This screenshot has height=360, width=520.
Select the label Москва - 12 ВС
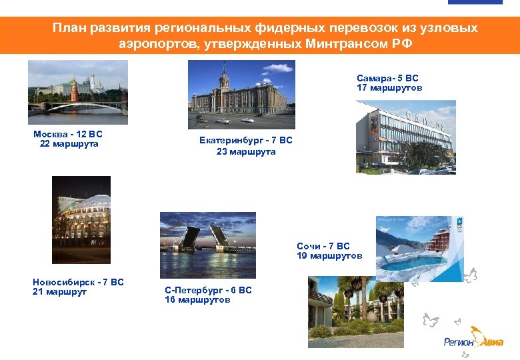click(68, 134)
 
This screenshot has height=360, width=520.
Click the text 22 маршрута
click(69, 144)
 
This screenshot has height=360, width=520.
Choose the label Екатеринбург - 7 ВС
click(245, 141)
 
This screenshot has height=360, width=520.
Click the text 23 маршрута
click(245, 152)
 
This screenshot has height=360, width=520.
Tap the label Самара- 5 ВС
click(387, 78)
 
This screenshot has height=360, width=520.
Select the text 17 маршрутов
click(389, 88)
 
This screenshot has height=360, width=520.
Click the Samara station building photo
click(405, 137)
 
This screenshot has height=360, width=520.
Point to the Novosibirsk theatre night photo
click(81, 220)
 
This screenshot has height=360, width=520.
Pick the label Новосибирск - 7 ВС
click(78, 282)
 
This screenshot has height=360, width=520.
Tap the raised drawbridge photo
click(208, 245)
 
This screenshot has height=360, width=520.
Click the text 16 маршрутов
click(197, 300)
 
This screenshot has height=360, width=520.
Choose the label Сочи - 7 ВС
click(323, 246)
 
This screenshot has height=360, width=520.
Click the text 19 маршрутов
click(329, 256)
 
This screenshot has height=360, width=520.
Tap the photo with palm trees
click(355, 307)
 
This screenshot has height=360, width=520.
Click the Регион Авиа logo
click(474, 338)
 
